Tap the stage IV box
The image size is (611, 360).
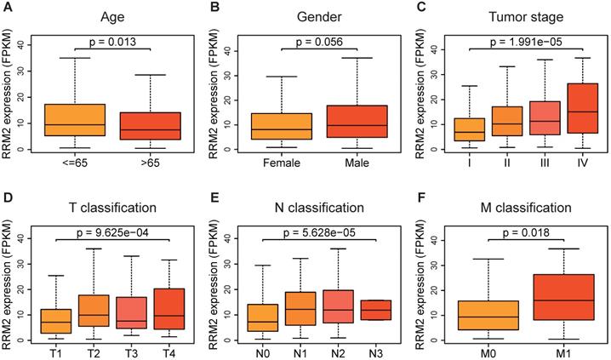581,108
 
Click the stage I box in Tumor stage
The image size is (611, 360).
469,129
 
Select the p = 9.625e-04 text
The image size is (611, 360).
125,230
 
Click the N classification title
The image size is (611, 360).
319,206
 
